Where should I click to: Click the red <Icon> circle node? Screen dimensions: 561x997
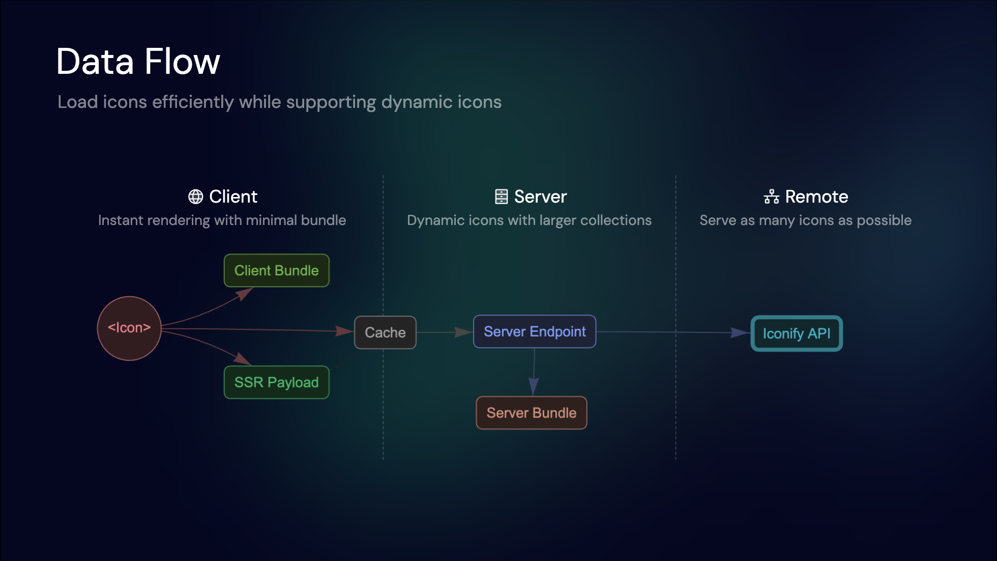[x=129, y=328]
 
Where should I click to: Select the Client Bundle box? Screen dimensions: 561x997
[x=276, y=270]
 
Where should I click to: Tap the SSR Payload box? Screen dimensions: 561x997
[x=276, y=382]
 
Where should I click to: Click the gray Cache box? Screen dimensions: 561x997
[x=385, y=332]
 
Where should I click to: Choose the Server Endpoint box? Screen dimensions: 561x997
[x=534, y=331]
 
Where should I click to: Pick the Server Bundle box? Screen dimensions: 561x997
[x=531, y=413]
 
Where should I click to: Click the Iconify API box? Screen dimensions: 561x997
[x=796, y=333]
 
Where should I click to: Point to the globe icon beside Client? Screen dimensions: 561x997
[x=195, y=197]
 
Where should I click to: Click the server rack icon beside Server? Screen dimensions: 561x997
[x=501, y=197]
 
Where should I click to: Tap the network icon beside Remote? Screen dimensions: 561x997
[x=771, y=197]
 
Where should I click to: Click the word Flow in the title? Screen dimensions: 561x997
[x=182, y=62]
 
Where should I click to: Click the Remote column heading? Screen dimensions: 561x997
[x=816, y=197]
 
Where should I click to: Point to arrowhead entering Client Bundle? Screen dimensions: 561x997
[x=245, y=293]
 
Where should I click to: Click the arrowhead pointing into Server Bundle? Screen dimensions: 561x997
[x=533, y=387]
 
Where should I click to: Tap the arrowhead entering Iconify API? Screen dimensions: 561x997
[x=740, y=332]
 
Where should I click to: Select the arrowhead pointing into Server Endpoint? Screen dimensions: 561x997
[x=463, y=332]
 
